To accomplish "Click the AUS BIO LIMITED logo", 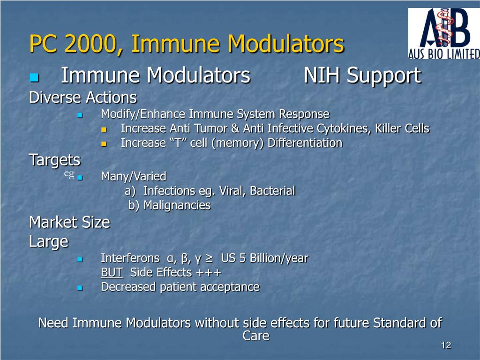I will coord(443,34).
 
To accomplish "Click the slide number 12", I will coord(446,345).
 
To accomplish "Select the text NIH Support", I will coord(362,76).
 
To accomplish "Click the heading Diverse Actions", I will coord(83,98).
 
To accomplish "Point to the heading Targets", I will coord(55,160).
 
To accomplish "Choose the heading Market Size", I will coord(69,222).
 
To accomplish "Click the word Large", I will coord(49,241).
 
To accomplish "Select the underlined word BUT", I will coord(112,273).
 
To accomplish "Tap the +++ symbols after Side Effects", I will coord(209,273).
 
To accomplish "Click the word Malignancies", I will coord(177,205).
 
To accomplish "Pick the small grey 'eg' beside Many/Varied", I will coord(69,174).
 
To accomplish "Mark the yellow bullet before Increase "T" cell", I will coord(104,143).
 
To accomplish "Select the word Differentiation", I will coord(305,143).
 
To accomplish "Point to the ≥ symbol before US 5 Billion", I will coord(209,258).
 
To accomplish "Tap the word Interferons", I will coord(130,258).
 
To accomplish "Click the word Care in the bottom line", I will coord(256,336).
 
